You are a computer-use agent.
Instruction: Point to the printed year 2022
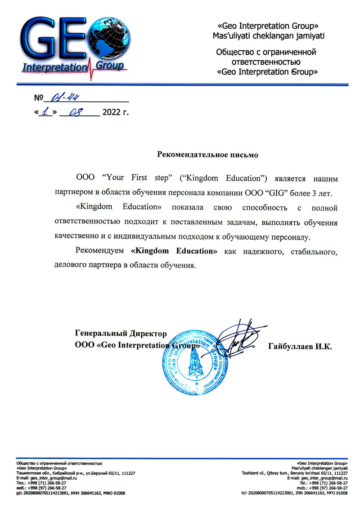112,112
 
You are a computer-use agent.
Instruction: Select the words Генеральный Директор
121,334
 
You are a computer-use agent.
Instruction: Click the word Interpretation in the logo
54,68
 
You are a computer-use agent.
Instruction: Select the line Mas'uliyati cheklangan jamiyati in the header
269,35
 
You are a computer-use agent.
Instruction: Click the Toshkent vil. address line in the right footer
295,473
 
